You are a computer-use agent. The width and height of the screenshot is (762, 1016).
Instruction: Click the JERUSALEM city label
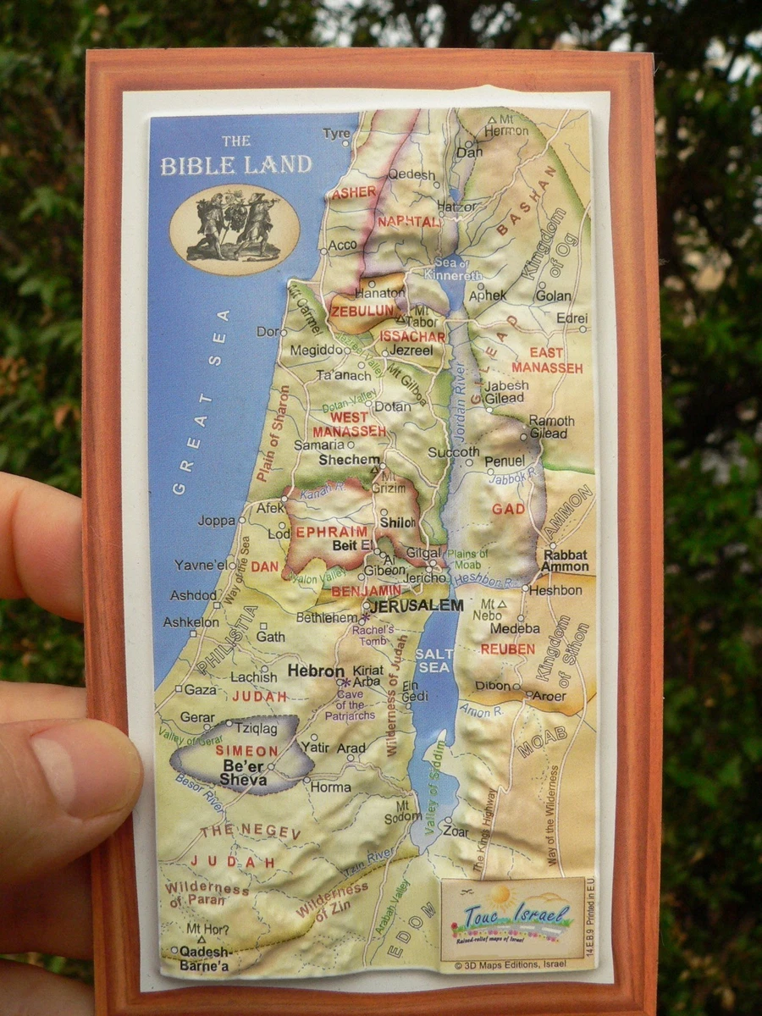(x=417, y=606)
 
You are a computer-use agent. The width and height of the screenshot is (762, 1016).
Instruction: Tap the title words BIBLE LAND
(x=236, y=164)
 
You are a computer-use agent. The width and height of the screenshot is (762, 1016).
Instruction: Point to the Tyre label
(x=336, y=134)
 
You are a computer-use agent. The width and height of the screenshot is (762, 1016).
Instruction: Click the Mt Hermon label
(x=511, y=125)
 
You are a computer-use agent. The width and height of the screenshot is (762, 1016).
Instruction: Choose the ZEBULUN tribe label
(x=363, y=311)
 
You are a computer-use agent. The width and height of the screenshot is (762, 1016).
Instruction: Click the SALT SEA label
(x=433, y=660)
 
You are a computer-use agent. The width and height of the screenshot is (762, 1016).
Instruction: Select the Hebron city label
(x=315, y=671)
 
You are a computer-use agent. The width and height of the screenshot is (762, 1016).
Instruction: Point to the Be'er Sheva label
(x=243, y=772)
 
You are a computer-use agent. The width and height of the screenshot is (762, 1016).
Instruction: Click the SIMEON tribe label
(x=246, y=751)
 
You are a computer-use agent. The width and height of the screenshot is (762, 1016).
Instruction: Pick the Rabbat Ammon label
(x=565, y=560)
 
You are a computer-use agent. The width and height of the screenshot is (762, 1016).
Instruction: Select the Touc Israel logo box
(x=512, y=919)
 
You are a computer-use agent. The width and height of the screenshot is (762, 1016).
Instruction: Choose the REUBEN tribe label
(x=507, y=649)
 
